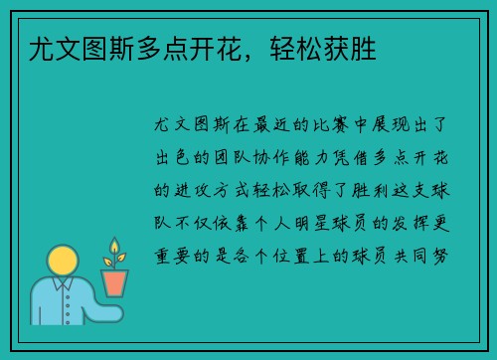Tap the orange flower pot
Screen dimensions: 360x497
point(115,281)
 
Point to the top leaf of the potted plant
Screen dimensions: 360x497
point(115,245)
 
